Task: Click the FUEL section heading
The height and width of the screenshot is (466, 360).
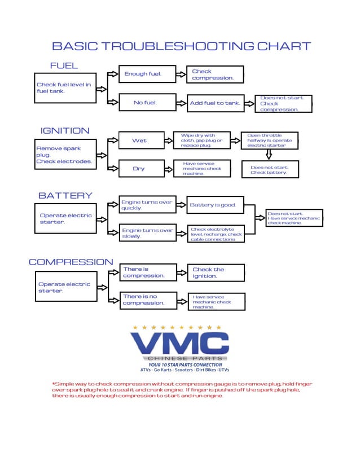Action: pos(64,65)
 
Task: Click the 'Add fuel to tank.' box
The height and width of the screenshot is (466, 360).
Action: pos(215,103)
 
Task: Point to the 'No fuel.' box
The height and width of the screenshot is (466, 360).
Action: pos(145,103)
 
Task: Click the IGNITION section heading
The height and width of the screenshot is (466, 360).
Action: pos(65,130)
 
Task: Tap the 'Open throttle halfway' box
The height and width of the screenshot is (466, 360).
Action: pos(270,141)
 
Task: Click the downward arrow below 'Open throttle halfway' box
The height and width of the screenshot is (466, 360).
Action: pos(269,154)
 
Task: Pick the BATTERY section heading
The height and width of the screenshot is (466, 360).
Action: pos(65,195)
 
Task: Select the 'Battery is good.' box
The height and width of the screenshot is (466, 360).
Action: pos(215,205)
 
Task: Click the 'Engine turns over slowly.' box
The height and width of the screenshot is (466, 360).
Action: pos(148,234)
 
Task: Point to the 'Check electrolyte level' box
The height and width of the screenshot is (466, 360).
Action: pos(216,234)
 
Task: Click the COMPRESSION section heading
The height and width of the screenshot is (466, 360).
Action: pos(71,262)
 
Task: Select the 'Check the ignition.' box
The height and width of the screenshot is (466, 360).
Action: pos(216,273)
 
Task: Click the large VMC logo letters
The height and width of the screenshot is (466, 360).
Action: pos(179,344)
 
